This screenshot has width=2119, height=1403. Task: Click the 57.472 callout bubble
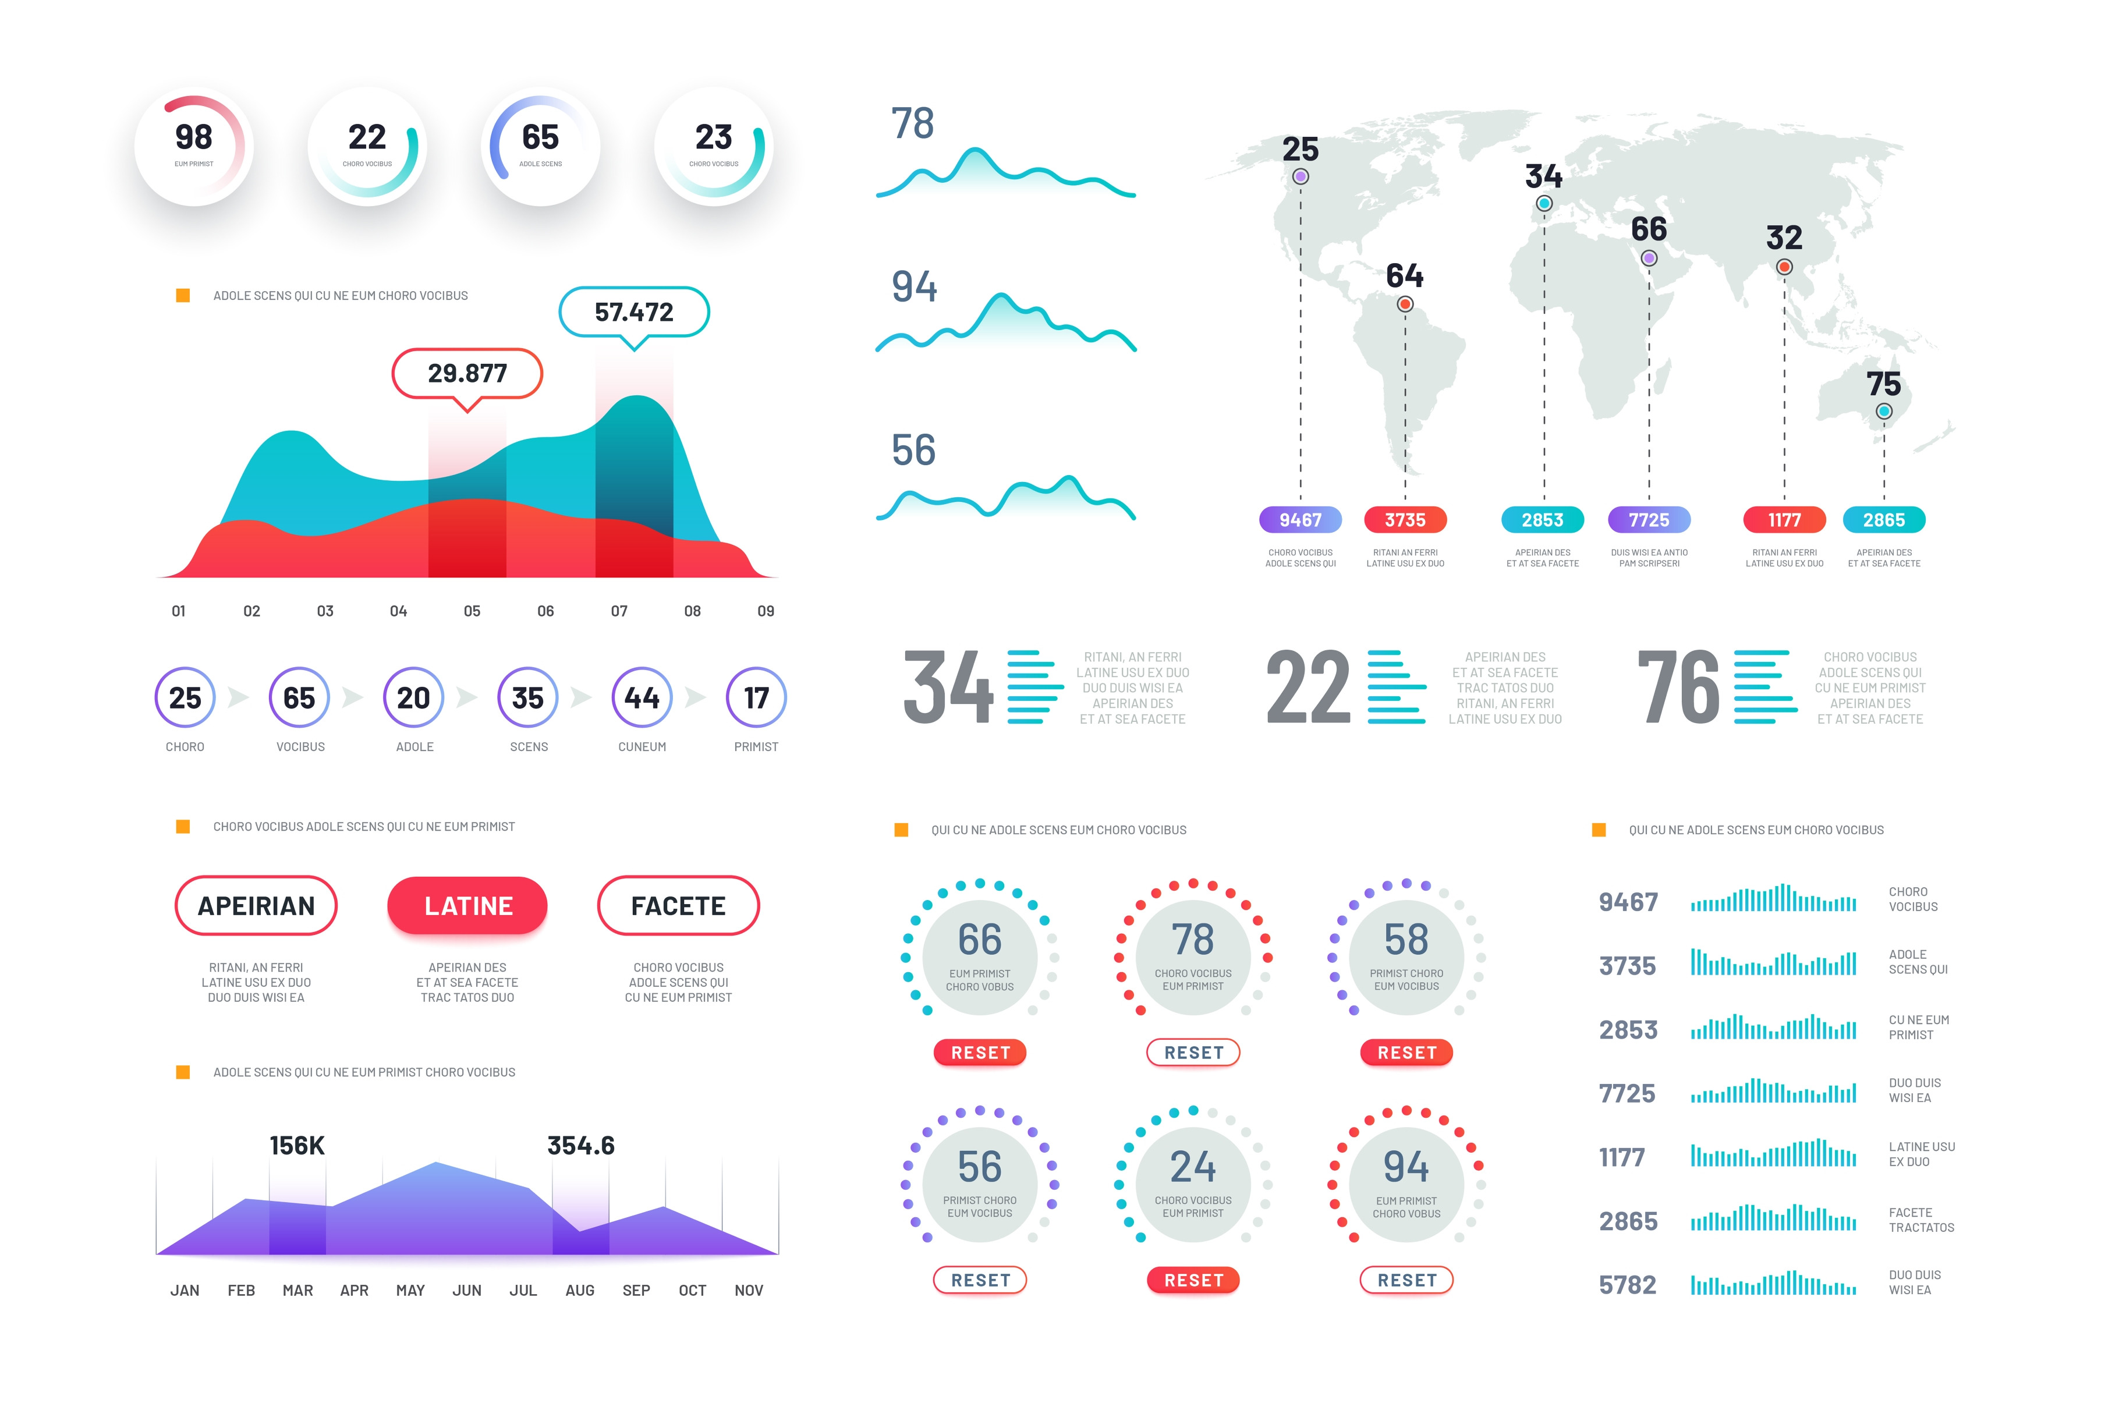[x=633, y=311]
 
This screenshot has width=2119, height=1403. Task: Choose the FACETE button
[x=678, y=905]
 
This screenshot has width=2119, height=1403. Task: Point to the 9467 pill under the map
[x=1300, y=520]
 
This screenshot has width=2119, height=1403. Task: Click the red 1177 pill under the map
[x=1784, y=520]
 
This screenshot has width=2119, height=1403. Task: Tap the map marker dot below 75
[x=1884, y=412]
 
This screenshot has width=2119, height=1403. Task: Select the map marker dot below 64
[x=1405, y=304]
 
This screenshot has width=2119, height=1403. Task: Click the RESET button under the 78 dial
[x=1193, y=1053]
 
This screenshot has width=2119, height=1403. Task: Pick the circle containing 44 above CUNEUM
[x=642, y=697]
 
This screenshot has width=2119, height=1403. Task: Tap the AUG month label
[x=580, y=1290]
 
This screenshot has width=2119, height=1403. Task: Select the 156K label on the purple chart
[x=297, y=1145]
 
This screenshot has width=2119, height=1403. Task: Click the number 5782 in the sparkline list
[x=1627, y=1285]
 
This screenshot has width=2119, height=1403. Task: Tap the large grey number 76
[x=1678, y=687]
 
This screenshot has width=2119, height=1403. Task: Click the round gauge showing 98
[x=194, y=147]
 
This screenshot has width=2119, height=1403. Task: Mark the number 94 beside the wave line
[x=914, y=286]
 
